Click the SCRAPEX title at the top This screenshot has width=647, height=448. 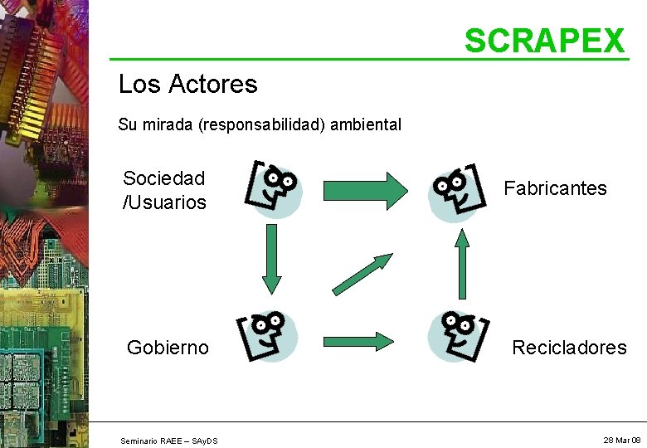(543, 40)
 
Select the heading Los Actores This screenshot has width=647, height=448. (187, 84)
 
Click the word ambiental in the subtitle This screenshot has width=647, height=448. (366, 125)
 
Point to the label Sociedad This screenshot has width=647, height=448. (164, 178)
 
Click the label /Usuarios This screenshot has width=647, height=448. (164, 202)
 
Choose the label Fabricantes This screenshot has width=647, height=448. (555, 188)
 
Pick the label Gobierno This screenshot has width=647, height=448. (168, 348)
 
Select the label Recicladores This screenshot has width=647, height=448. (569, 348)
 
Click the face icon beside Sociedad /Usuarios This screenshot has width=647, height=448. (275, 189)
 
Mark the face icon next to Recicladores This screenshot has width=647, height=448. (455, 336)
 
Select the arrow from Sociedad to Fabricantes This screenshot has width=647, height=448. (365, 189)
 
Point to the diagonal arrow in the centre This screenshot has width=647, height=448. (362, 275)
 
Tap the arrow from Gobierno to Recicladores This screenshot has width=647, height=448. (358, 340)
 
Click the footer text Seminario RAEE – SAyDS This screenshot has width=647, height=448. (169, 440)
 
